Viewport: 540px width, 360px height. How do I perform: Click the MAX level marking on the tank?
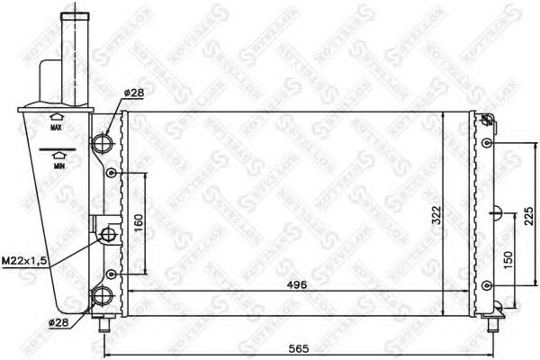[x=56, y=129]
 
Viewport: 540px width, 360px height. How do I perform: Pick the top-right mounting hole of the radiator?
[x=487, y=124]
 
